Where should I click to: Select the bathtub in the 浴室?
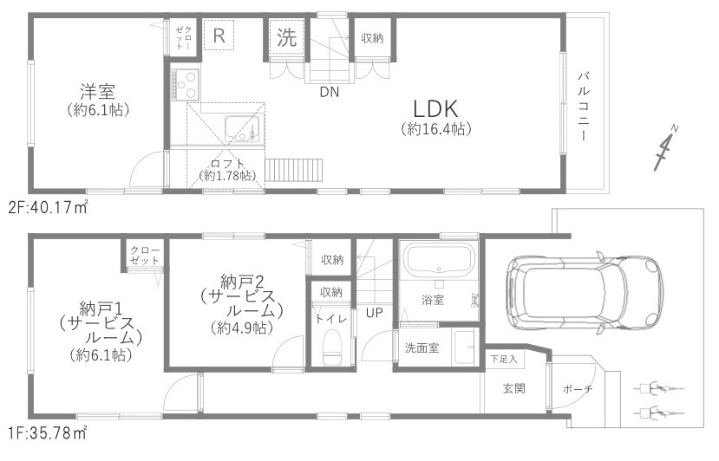click(x=439, y=259)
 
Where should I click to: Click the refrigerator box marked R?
click(x=219, y=36)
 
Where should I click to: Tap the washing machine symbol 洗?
click(x=286, y=37)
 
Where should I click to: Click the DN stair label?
click(x=329, y=91)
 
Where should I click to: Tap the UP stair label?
click(x=374, y=312)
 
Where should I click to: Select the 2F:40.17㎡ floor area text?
click(x=49, y=208)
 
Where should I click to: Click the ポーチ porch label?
click(x=577, y=389)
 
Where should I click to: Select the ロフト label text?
click(x=227, y=162)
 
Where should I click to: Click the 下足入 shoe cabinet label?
click(x=502, y=358)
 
